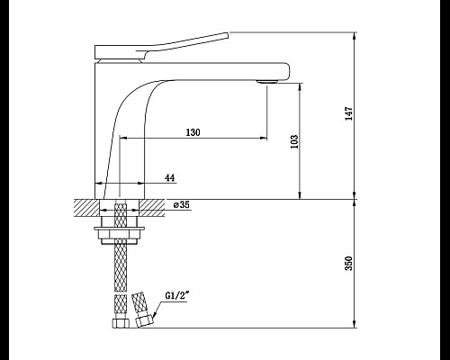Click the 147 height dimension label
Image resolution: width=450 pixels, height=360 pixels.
pos(349,113)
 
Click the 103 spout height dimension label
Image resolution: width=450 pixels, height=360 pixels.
pos(294,141)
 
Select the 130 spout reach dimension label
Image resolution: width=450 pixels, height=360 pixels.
pos(193,132)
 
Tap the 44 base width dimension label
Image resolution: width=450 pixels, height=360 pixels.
pos(170,177)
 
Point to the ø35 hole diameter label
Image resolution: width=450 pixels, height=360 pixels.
pos(182,204)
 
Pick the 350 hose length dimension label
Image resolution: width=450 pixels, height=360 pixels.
pos(349,263)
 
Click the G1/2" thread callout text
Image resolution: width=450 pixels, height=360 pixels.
pos(177,295)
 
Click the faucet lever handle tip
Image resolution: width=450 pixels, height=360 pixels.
pos(228,35)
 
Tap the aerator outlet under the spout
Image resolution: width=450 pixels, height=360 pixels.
pos(266,81)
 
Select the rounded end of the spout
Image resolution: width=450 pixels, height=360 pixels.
pos(287,71)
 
